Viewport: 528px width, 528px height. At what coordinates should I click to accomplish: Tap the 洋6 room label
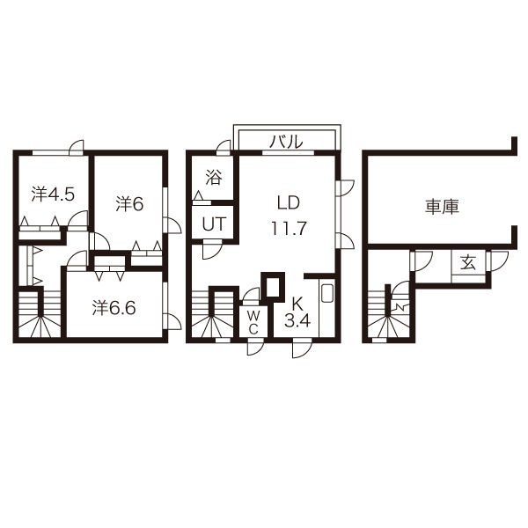pos(129,203)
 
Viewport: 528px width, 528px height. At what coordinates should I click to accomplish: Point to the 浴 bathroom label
pos(214,177)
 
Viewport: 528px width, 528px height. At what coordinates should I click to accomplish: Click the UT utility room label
pos(214,223)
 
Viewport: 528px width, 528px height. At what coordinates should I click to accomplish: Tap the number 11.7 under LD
pos(289,228)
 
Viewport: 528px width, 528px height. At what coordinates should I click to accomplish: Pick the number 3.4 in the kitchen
pos(297,320)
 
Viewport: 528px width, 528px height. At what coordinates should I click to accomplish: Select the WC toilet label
pos(252,321)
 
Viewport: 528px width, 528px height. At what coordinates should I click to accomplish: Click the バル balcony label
pos(285,141)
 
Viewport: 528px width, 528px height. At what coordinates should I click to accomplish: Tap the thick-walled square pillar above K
pos(274,288)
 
